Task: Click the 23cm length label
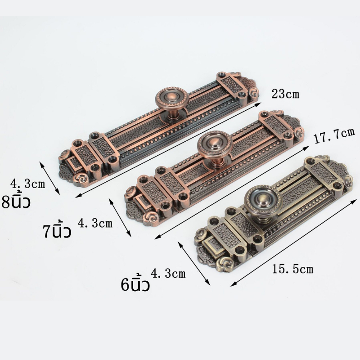tap(285, 94)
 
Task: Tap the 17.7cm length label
tap(334, 136)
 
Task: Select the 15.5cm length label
tap(292, 269)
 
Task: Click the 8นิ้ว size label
tap(16, 200)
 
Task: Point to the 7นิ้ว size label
tap(57, 230)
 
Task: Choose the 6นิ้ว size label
tap(135, 284)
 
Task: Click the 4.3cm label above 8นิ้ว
tap(27, 184)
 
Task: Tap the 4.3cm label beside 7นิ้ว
tap(95, 223)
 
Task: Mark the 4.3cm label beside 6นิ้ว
tap(168, 273)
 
